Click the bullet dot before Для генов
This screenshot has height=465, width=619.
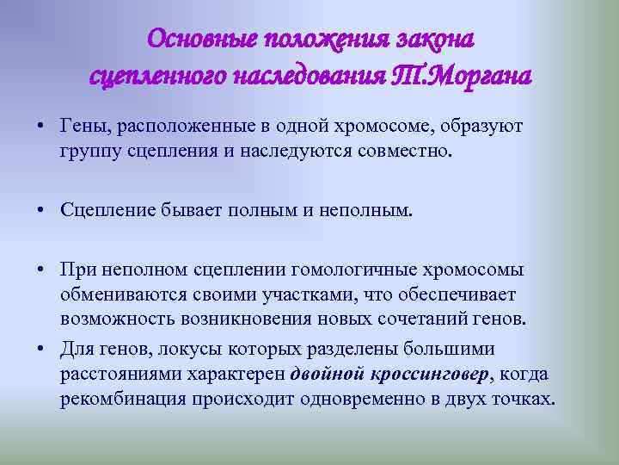point(41,349)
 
